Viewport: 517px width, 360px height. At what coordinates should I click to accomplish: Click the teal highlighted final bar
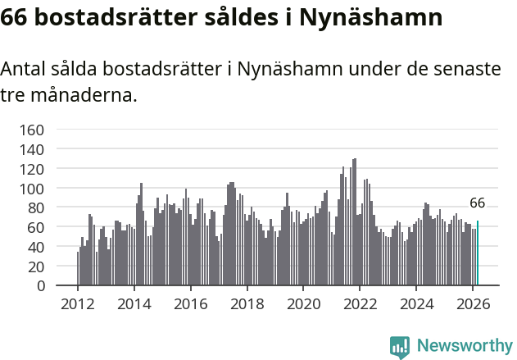point(478,253)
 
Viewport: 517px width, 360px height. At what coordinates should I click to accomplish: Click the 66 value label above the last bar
point(478,203)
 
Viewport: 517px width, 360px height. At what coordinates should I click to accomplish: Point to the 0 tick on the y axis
point(38,286)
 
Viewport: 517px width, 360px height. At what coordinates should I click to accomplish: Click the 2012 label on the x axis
point(78,303)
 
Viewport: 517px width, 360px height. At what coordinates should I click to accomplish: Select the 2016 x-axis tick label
point(191,303)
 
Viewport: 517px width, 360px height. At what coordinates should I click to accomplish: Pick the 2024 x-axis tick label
point(417,303)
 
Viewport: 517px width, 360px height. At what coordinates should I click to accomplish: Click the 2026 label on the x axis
point(474,303)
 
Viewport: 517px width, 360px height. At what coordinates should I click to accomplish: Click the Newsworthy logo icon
point(400,347)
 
